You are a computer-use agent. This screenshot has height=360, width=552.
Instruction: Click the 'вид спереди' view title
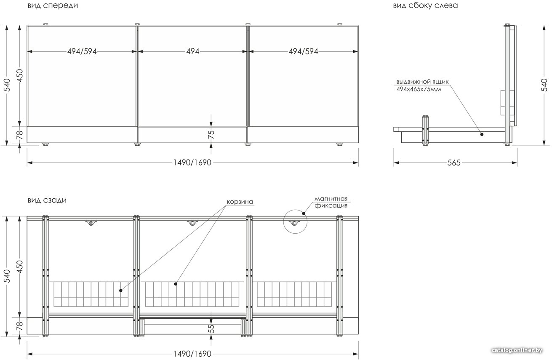[53, 5]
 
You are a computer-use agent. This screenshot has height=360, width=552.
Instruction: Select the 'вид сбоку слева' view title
[425, 5]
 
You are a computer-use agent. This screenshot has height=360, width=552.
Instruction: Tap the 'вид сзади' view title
[47, 200]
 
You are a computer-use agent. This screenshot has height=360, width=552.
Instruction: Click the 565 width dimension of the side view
[454, 163]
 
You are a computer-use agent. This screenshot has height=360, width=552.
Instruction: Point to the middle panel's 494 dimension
[193, 51]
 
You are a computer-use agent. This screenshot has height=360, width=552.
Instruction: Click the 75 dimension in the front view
[211, 134]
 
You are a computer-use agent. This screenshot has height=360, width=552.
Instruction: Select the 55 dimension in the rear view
[211, 328]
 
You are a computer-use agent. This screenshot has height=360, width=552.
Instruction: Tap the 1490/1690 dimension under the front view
[192, 163]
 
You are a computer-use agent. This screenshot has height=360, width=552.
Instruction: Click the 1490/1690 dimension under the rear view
[192, 354]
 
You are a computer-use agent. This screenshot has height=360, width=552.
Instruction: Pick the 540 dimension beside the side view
[544, 85]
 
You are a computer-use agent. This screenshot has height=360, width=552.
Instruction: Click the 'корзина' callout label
[240, 202]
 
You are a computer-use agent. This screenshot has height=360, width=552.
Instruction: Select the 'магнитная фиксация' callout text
[331, 202]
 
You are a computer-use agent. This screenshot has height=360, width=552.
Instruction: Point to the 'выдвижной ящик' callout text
[422, 82]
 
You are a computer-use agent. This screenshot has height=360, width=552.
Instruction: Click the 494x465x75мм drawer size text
[419, 89]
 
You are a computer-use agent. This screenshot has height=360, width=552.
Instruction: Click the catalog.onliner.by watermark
[517, 350]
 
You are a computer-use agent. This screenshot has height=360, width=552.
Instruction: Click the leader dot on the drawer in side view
[482, 134]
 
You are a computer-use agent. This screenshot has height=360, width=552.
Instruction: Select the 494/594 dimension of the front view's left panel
[82, 51]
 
